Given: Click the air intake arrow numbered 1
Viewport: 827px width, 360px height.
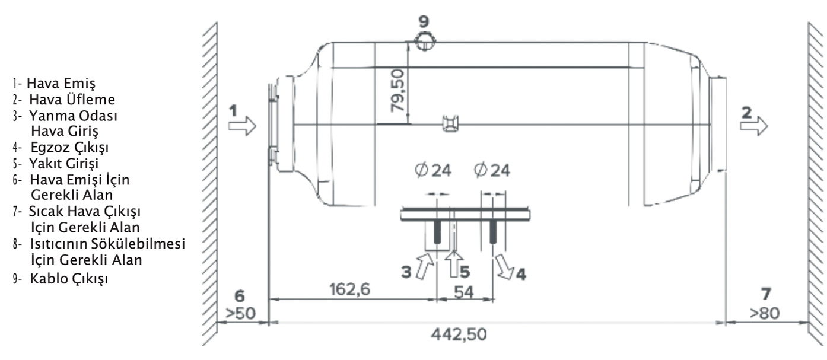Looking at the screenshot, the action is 242,126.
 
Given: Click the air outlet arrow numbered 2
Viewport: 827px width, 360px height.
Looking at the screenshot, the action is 754,126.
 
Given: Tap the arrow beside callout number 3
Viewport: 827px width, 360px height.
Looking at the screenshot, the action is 424,266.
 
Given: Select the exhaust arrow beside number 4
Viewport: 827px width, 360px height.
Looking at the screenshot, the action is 504,266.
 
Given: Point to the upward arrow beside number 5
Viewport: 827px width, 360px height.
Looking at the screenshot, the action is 454,263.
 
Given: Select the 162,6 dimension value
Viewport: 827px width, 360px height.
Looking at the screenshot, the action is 349,289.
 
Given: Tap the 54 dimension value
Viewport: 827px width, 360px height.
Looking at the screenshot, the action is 464,292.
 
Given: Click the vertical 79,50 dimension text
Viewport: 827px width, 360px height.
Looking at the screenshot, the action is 397,91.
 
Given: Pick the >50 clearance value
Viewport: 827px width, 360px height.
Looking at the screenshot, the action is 240,314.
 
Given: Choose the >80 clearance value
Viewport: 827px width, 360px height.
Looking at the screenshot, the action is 765,313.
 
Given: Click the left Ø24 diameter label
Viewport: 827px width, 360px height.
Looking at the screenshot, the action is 433,171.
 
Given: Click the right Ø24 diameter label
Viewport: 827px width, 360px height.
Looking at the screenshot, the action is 492,171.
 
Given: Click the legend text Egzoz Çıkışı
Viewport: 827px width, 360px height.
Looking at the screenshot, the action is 70,147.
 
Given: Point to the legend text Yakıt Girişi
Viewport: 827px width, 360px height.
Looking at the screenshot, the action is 64,163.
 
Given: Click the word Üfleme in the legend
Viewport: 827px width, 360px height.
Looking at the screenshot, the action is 91,100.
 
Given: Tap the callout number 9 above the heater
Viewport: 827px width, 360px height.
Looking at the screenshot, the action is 424,21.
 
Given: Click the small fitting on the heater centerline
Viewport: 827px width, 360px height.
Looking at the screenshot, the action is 451,124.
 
